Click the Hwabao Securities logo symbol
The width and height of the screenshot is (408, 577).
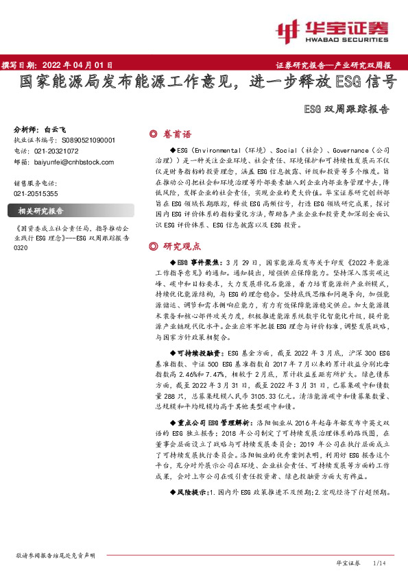[x=287, y=29]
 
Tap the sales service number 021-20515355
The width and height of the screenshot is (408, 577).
[x=38, y=194]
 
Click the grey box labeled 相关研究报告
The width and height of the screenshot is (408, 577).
[x=40, y=211]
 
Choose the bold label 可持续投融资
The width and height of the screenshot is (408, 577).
[x=189, y=349]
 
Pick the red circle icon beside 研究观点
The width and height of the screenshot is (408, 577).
[x=153, y=246]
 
